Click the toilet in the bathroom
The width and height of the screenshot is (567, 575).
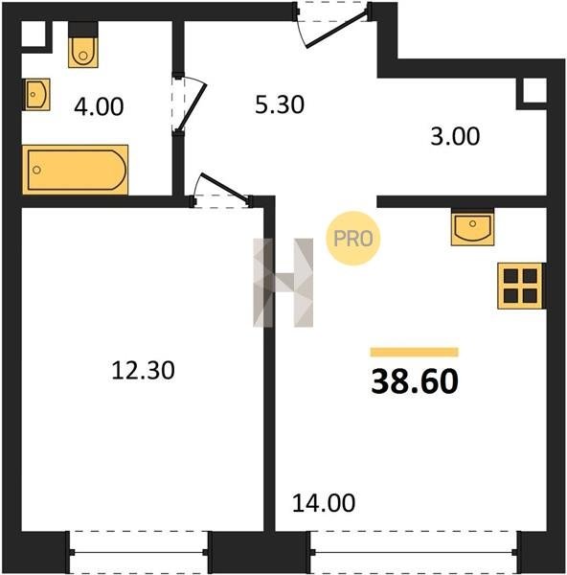pos(83,45)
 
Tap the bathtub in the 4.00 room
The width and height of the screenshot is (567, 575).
pos(75,170)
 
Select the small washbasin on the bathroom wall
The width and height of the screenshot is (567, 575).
pos(36,94)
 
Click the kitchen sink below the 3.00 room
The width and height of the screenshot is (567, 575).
pos(473,227)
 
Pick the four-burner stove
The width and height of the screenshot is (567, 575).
pos(520,286)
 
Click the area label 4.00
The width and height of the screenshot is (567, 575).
pos(99,106)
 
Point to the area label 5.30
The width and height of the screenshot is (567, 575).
pos(280,104)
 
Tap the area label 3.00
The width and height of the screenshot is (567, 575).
pos(455,136)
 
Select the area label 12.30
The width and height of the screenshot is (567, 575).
pos(143,370)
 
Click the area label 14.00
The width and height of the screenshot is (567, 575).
pos(324,502)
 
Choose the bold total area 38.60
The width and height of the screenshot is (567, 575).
pos(415,381)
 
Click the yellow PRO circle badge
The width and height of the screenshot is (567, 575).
pos(353,239)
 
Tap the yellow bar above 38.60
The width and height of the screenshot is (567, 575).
pos(414,352)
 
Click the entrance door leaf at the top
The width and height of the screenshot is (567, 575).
pos(336,30)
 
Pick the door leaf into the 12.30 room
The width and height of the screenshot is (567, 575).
pos(224,187)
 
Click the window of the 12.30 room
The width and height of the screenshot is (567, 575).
pos(139,552)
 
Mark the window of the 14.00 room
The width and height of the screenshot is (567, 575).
pos(415,552)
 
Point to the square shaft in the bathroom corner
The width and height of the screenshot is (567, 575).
pos(34,34)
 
